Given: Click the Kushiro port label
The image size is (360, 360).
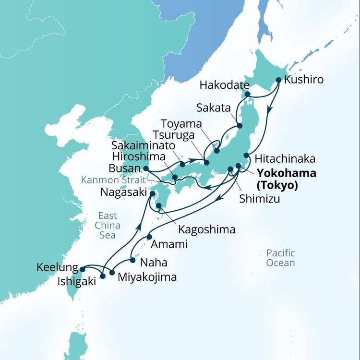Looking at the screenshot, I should (304, 80).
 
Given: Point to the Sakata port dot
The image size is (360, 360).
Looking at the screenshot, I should (240, 126).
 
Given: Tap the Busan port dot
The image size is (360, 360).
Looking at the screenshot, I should (145, 168).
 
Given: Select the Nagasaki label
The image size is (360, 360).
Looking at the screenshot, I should (122, 192).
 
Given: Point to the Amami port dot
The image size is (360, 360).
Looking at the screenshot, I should (149, 237).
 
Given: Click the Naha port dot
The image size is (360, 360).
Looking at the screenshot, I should (133, 261).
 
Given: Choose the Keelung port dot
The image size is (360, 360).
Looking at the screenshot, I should (82, 269).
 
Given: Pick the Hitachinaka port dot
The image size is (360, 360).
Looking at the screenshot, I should (246, 156).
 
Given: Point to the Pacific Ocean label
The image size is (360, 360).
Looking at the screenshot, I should (281, 258).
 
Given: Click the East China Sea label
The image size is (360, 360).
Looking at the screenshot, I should (107, 225).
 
